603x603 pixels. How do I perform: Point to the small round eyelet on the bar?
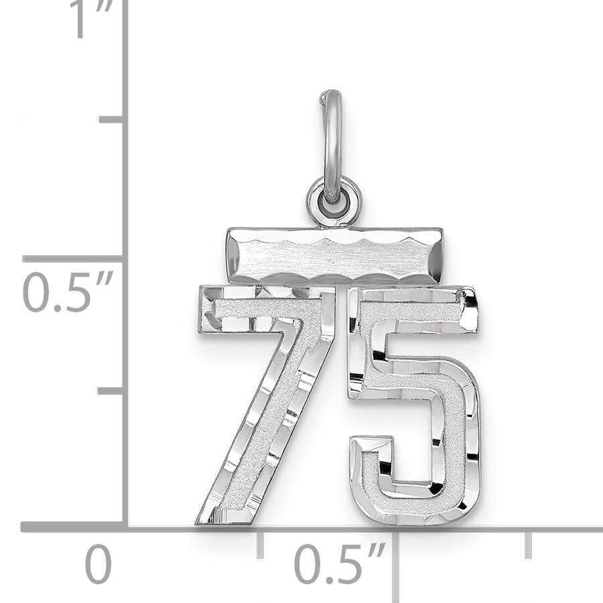pos(333,199)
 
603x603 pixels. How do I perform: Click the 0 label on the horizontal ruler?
pos(98,565)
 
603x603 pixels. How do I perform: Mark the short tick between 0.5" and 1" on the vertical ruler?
pos(111,119)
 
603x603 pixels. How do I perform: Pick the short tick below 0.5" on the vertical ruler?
pos(111,391)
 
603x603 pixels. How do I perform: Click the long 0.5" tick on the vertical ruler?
pos(74,259)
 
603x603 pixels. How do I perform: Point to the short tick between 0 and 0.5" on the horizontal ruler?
pos(260,544)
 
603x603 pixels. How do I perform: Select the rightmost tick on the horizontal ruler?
pos(529,544)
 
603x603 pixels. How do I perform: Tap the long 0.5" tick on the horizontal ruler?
pos(395,563)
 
